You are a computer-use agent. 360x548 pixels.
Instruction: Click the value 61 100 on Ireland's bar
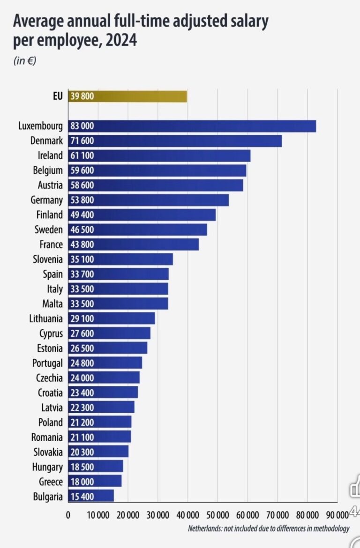(82, 156)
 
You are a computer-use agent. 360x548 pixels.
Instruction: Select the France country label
(51, 244)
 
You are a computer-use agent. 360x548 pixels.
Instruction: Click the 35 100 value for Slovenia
(82, 259)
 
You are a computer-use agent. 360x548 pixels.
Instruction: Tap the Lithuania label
(45, 318)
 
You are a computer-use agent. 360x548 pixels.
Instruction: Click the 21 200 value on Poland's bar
(82, 422)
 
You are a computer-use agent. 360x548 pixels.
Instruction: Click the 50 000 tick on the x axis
(217, 515)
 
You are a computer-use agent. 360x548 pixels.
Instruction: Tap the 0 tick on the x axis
(68, 515)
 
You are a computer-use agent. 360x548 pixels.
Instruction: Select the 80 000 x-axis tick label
(307, 515)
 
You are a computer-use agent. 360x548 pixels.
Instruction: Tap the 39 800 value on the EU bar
(82, 96)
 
